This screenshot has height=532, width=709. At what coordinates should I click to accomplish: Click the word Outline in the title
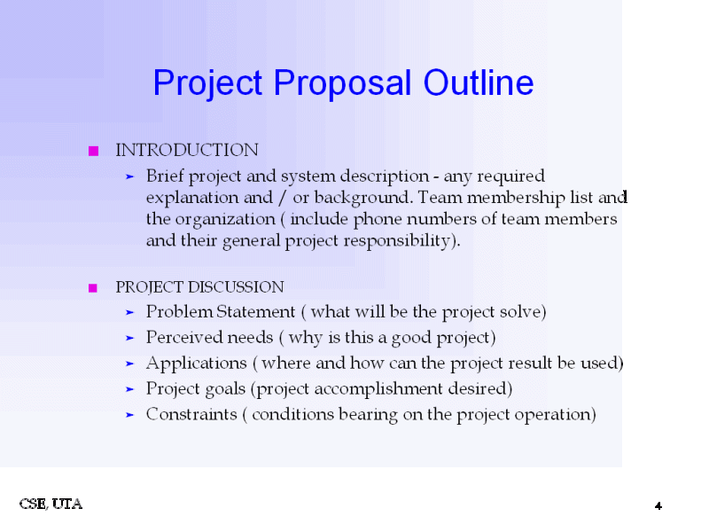point(479,83)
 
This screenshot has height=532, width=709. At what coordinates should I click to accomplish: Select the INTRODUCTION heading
point(187,150)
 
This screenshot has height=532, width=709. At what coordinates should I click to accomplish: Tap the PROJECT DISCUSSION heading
point(199,287)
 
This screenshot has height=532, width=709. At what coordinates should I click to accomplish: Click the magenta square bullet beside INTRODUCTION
point(93,152)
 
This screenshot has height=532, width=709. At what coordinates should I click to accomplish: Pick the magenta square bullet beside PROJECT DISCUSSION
point(93,288)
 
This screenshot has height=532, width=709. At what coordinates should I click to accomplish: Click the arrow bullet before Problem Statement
point(129,313)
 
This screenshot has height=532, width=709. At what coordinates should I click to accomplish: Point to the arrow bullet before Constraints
point(129,415)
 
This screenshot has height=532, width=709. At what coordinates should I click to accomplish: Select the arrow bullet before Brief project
point(129,176)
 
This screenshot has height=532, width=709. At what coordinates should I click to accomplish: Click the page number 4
point(658,505)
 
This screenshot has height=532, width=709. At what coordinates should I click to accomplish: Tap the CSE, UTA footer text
point(51,504)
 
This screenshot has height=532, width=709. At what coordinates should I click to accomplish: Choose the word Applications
point(196,364)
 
